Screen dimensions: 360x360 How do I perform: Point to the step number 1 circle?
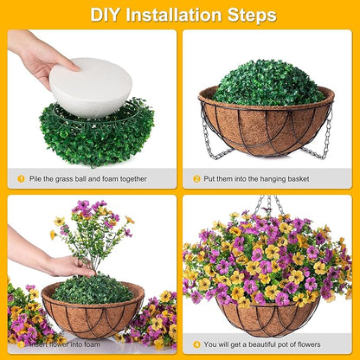coord(21,178)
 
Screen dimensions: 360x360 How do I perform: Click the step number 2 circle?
coord(196,178)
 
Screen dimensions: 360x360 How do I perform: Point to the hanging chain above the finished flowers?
coord(269,205)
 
